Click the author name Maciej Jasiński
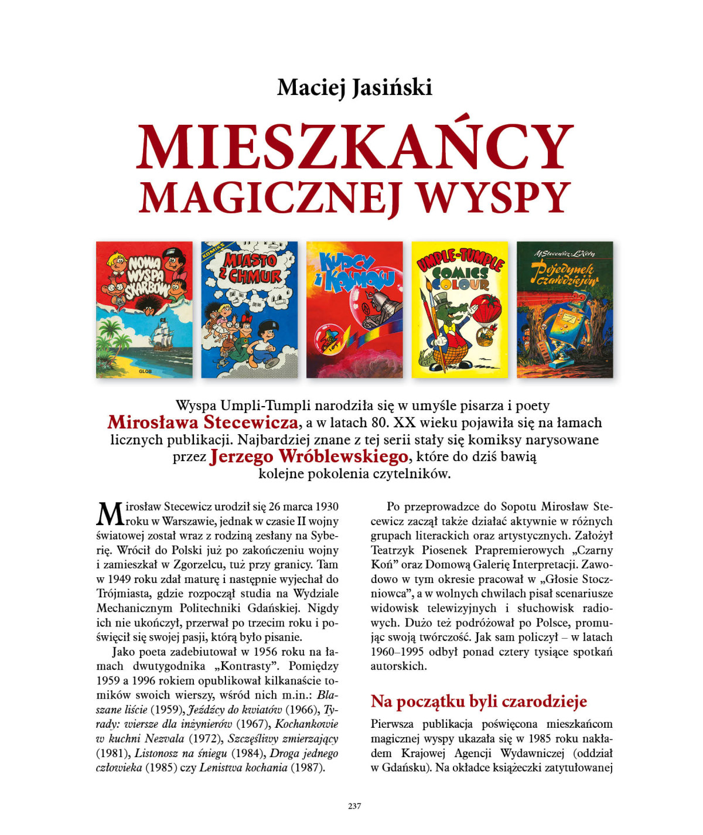[354, 88]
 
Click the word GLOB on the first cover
[144, 371]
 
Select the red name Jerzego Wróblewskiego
[308, 456]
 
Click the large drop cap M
[110, 514]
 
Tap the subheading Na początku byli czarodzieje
[479, 701]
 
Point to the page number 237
[354, 806]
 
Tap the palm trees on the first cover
[115, 346]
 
